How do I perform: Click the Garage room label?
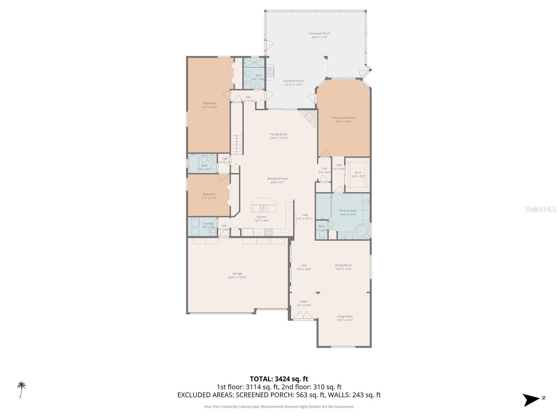coord(237,274)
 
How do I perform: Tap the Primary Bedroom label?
coord(344,118)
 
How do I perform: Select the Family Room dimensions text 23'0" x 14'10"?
coord(279,138)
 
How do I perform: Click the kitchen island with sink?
coord(264,206)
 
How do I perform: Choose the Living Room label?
coord(345,316)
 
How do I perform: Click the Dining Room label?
coord(343,265)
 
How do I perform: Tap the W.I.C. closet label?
coord(358,172)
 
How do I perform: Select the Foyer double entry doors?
coord(303,315)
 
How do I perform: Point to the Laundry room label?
coord(209,224)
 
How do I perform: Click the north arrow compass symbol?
coord(532,400)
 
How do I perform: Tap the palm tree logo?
coord(22,389)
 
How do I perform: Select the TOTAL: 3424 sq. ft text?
coord(279,379)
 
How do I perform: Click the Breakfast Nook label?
coord(278,179)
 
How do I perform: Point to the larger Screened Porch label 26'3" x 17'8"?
coord(319,33)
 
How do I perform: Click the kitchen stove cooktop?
coord(268,232)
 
